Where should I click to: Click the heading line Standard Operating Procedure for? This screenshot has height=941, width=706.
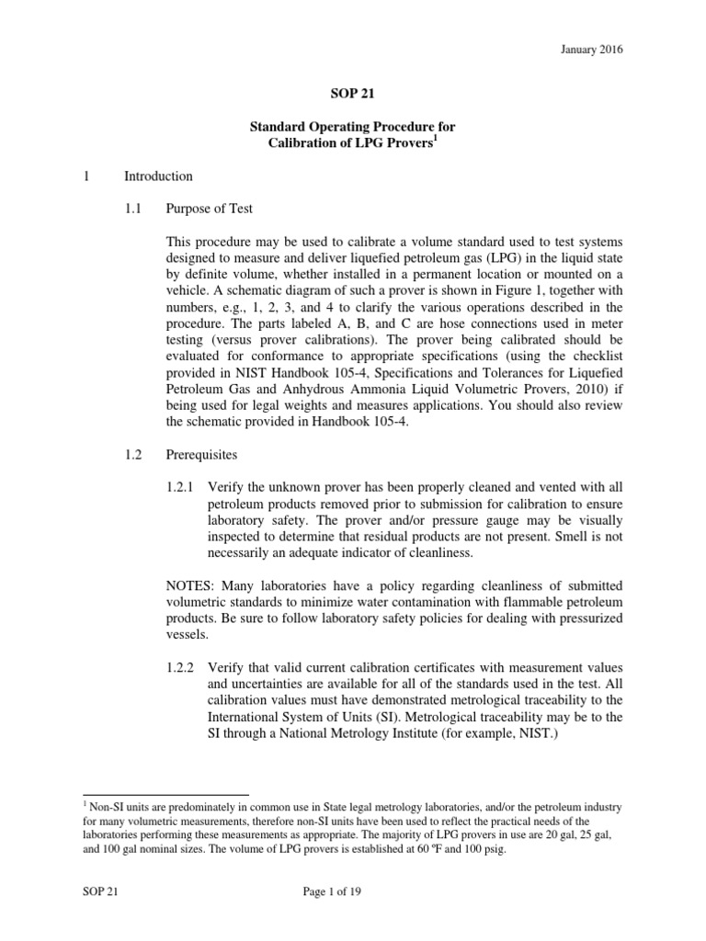[352, 126]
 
